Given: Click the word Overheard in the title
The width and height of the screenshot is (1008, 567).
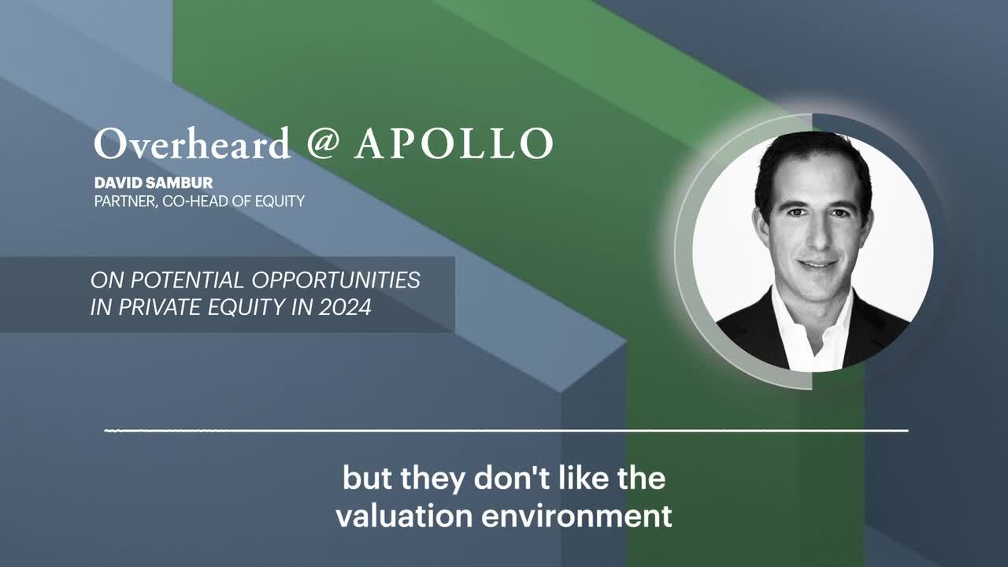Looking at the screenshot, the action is (192, 143).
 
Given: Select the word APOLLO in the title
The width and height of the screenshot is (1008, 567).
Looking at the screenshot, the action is (454, 143).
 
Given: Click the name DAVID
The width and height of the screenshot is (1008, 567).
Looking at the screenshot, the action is (118, 183).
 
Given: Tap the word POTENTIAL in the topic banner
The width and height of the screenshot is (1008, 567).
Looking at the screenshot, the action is (187, 280).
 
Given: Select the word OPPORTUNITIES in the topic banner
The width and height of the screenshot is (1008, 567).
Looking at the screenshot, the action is (336, 280).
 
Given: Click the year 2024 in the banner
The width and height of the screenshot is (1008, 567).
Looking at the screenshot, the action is (345, 307).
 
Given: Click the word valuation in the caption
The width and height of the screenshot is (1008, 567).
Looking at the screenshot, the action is (404, 516).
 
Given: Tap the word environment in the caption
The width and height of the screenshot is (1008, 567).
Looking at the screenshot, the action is (577, 516).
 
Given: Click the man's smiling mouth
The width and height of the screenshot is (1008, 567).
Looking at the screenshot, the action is (817, 264).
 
